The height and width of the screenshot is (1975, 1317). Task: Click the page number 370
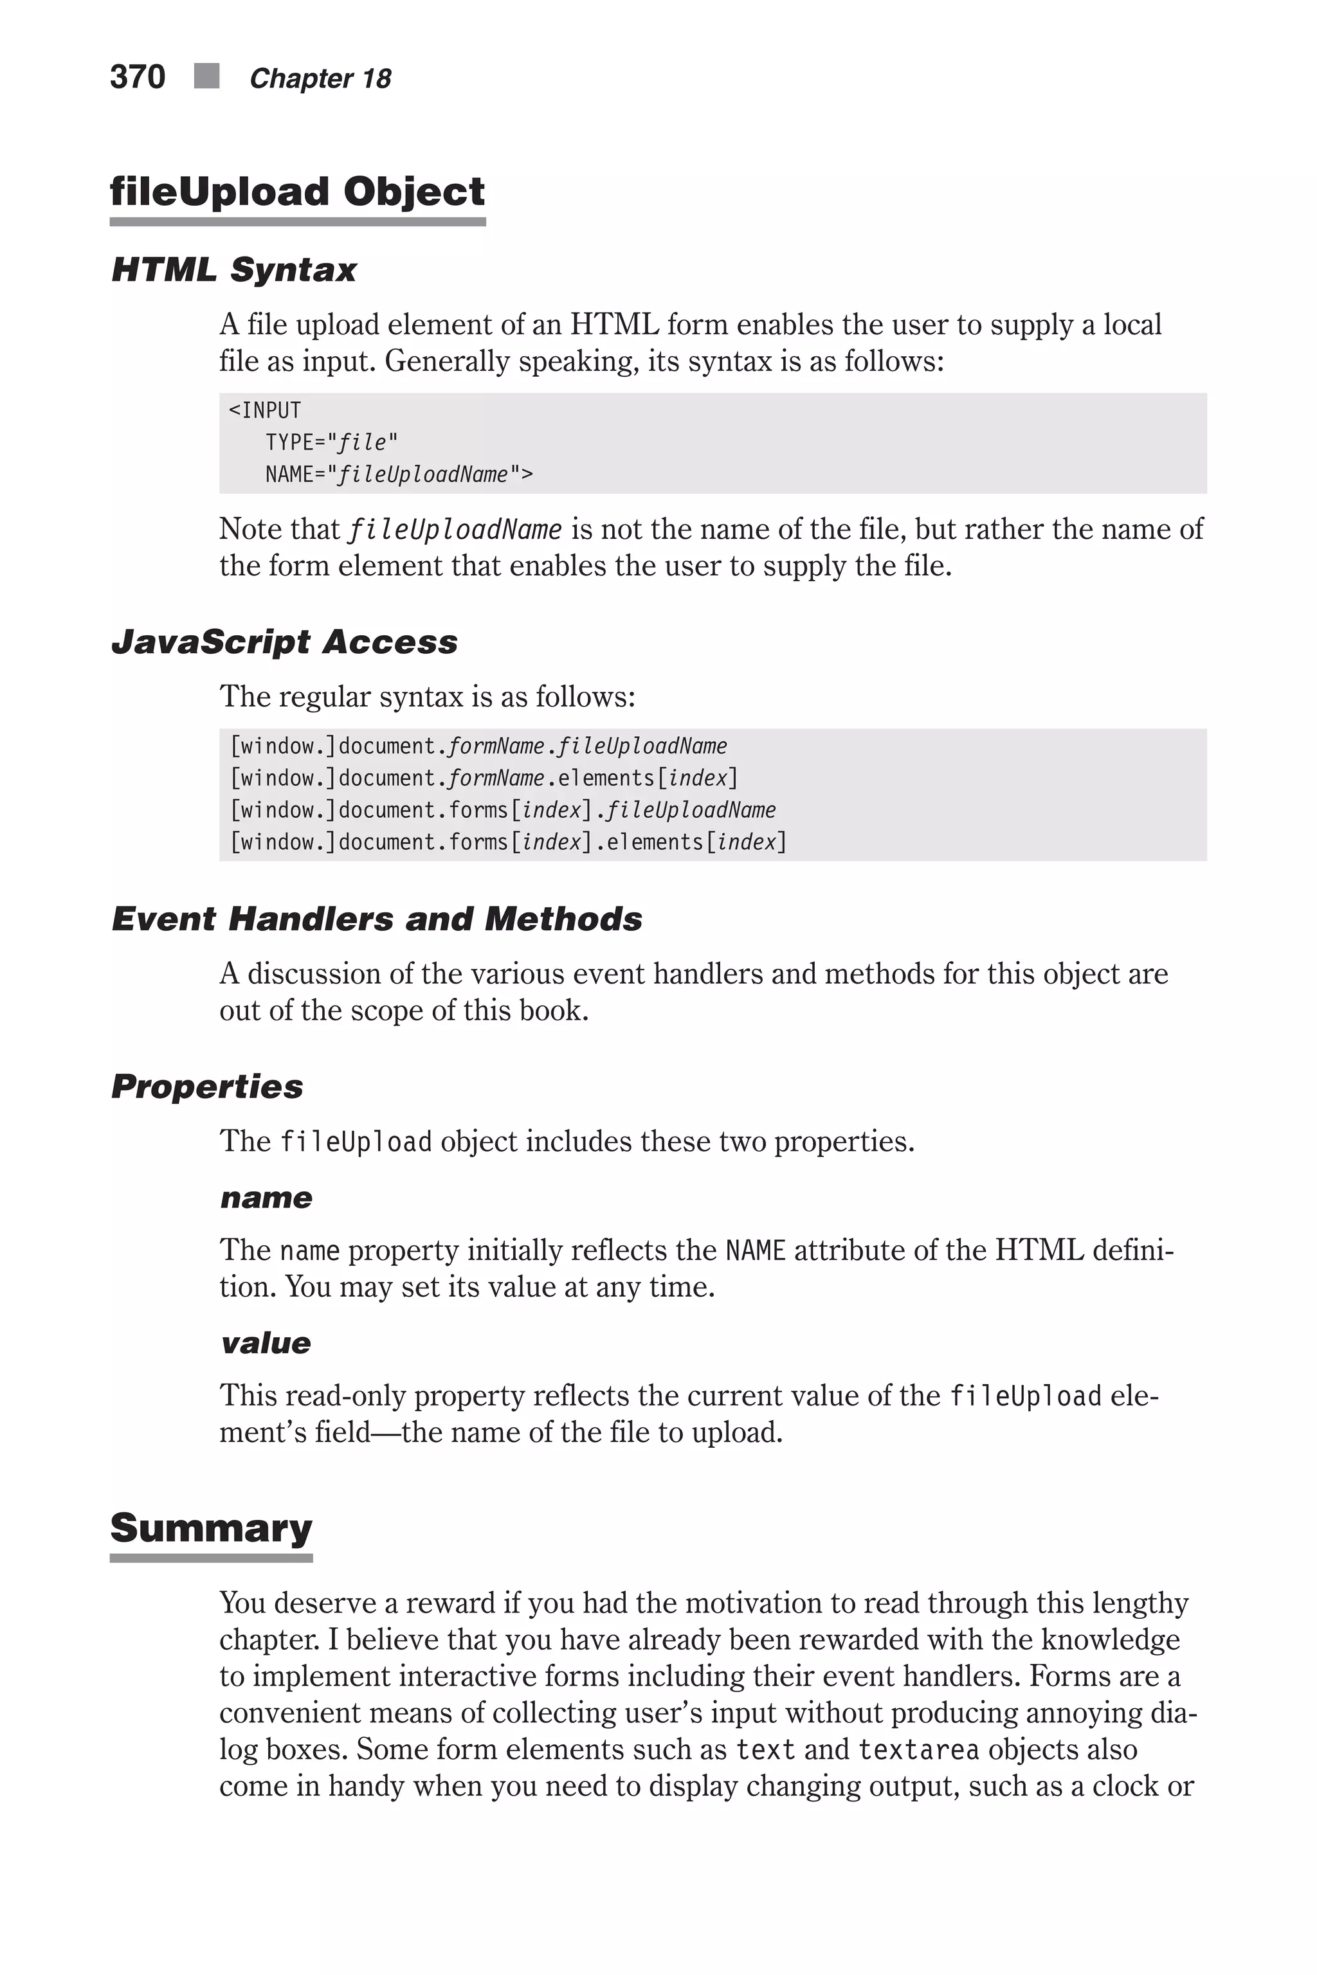pos(137,77)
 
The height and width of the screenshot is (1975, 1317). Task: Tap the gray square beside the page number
pos(206,76)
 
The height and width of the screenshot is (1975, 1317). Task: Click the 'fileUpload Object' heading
pos(297,192)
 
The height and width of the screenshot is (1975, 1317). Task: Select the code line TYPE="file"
pos(331,442)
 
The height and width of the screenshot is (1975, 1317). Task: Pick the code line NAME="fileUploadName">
pos(399,474)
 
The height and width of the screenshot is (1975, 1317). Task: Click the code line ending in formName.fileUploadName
pos(478,746)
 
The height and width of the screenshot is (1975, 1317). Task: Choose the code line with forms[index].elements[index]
pos(508,842)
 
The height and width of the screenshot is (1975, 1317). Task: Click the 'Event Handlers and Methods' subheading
pos(376,919)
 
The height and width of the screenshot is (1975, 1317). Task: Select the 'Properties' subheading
pos(206,1087)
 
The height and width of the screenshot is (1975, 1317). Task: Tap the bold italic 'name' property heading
pos(266,1198)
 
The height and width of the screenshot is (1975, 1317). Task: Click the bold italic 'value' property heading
pos(266,1344)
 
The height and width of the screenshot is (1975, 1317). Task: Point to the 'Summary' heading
pos(211,1528)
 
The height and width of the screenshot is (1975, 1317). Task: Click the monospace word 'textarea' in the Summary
pos(919,1750)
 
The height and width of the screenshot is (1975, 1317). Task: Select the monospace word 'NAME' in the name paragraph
pos(755,1251)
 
